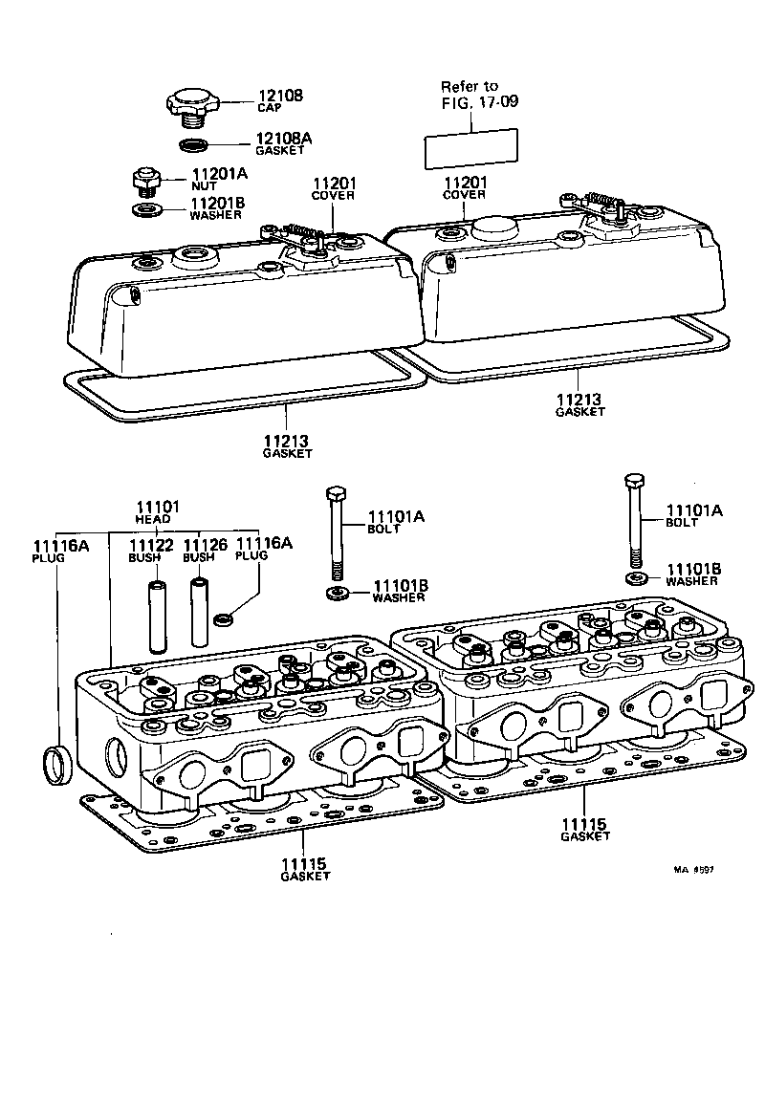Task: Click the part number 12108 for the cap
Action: click(x=279, y=96)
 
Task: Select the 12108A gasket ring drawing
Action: click(x=194, y=145)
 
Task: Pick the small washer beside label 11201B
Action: click(x=145, y=208)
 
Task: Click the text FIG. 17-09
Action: click(x=479, y=101)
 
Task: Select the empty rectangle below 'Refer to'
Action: click(x=470, y=148)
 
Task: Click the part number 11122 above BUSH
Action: click(x=150, y=545)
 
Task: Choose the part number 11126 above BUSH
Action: click(x=205, y=545)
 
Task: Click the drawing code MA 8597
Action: click(x=693, y=871)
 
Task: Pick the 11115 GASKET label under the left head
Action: click(x=305, y=870)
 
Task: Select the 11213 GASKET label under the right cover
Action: click(x=580, y=404)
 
